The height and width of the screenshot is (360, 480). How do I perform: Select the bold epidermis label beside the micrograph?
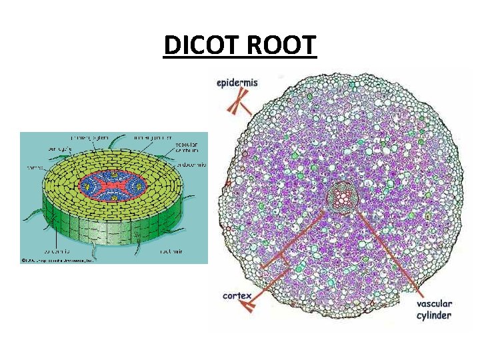pos(237,83)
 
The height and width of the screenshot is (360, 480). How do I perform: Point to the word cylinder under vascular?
pos(433,315)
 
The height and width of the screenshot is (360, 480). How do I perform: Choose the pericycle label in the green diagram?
pos(41,149)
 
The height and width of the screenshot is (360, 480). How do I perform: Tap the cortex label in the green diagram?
pos(32,167)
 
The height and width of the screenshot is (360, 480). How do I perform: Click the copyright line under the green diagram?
pos(58,260)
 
